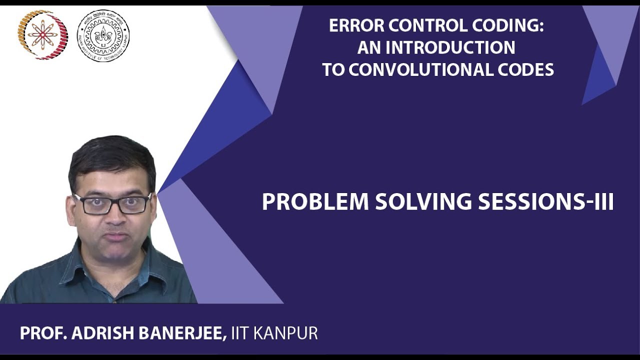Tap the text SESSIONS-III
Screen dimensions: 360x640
[x=545, y=202]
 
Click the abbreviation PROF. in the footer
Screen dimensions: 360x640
[x=43, y=333]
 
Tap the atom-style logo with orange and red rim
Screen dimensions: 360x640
[x=42, y=35]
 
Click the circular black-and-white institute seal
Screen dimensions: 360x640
[x=103, y=35]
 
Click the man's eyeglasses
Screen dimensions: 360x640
[x=112, y=203]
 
